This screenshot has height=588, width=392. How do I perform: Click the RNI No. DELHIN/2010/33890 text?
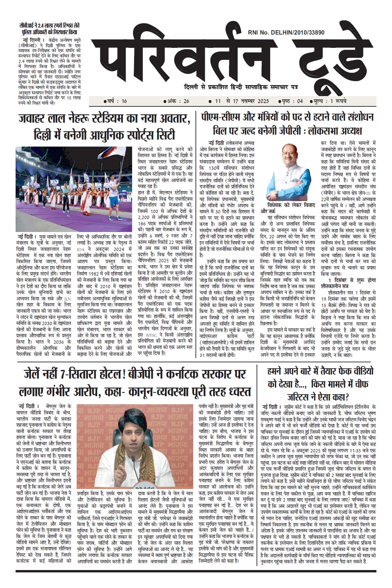pyautogui.click(x=286, y=32)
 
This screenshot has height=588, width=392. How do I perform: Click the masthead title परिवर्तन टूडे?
pyautogui.click(x=232, y=57)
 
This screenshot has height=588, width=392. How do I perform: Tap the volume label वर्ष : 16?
pyautogui.click(x=115, y=101)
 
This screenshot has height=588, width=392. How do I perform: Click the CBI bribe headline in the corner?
pyautogui.click(x=49, y=29)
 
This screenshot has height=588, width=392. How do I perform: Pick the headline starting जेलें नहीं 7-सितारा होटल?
pyautogui.click(x=135, y=383)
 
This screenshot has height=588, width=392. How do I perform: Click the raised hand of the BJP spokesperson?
pyautogui.click(x=114, y=462)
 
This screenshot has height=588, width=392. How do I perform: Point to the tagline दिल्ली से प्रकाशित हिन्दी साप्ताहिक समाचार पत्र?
pyautogui.click(x=241, y=87)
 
